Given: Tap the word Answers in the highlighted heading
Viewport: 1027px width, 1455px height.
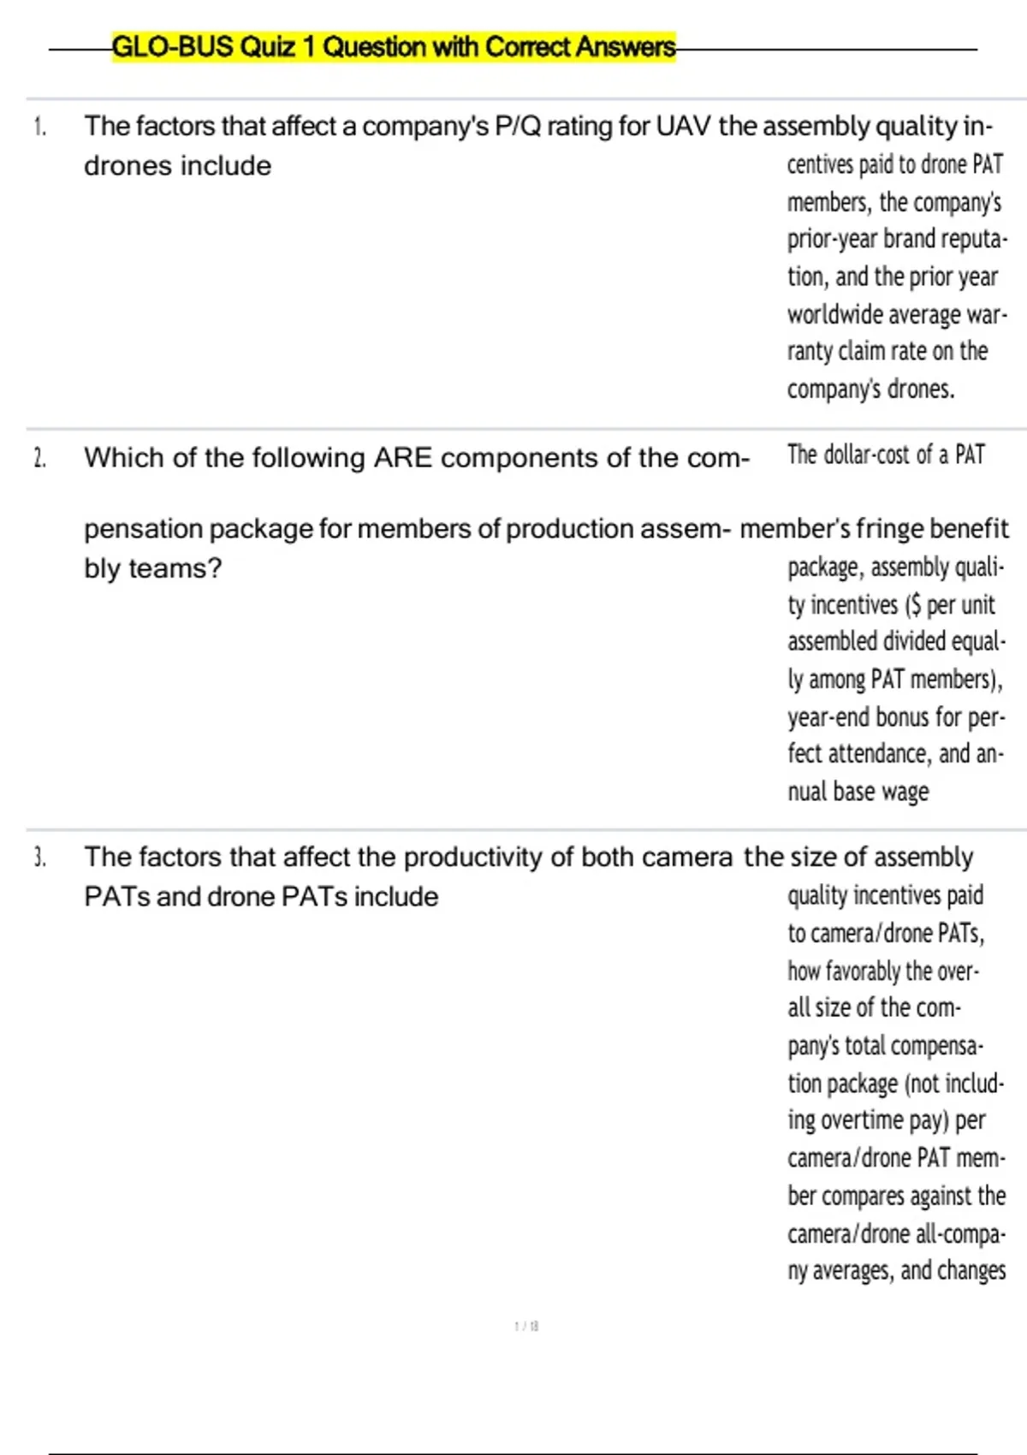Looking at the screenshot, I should [x=625, y=46].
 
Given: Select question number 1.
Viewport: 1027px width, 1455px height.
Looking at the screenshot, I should [x=39, y=127].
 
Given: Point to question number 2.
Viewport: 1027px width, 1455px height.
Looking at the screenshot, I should [x=39, y=459].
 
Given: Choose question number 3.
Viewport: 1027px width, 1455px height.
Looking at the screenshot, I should [x=39, y=857].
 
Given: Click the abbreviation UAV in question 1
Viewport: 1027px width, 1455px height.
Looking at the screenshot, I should [x=683, y=127].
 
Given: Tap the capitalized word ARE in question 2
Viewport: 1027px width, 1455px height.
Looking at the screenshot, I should [x=404, y=458].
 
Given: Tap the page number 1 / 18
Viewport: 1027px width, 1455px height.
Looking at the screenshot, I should [x=526, y=1326].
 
